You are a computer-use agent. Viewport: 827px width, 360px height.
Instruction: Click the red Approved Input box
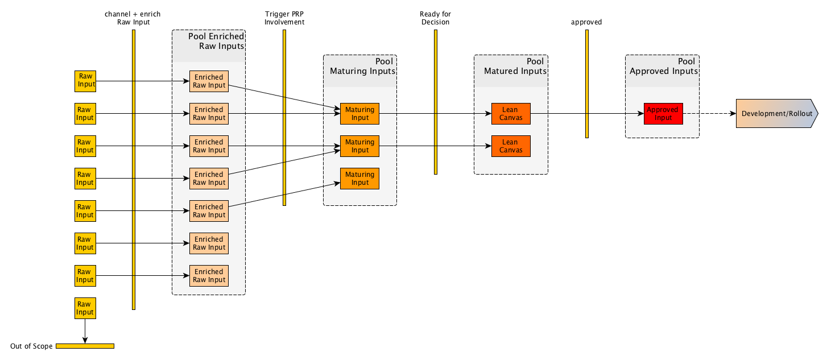663,114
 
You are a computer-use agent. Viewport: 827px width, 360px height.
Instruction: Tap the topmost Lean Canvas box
511,114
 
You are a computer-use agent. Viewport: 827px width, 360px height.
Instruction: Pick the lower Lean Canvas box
511,146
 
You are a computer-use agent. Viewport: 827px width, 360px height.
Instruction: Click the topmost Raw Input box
85,81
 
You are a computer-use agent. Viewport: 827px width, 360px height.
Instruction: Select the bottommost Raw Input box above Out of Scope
85,308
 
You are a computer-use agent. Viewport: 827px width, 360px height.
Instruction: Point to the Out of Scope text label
31,346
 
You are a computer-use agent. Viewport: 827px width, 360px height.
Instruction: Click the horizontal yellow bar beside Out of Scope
85,346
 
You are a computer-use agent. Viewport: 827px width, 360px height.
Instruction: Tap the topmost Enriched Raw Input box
209,81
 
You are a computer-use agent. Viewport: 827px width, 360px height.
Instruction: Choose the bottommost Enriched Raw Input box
209,276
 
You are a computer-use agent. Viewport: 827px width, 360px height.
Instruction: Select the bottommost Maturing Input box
359,179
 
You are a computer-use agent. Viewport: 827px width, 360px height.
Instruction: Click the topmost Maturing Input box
359,114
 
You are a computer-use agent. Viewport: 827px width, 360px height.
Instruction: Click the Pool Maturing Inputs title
362,67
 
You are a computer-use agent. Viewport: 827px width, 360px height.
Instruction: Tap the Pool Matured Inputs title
515,67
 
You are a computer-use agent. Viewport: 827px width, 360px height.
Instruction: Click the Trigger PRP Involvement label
284,18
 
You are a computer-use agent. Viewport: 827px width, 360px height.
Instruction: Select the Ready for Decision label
435,18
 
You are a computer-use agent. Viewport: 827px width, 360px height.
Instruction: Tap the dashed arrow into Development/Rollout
709,114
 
